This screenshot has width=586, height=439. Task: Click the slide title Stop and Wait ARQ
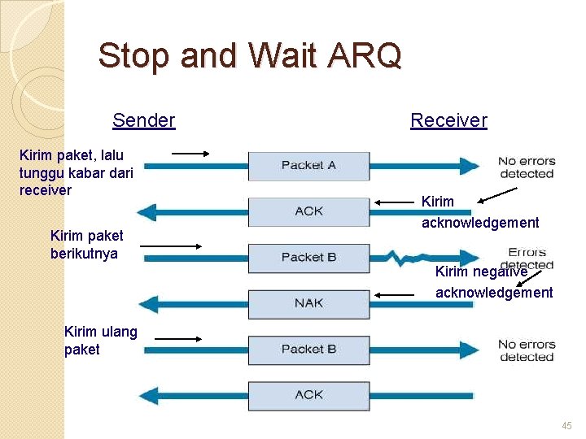(250, 56)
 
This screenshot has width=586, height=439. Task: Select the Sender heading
(144, 121)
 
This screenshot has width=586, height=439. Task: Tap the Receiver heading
(448, 121)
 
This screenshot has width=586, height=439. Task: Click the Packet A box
(308, 165)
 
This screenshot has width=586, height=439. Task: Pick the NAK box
(308, 303)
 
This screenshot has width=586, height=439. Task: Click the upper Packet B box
(308, 258)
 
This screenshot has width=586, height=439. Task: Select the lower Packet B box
(308, 350)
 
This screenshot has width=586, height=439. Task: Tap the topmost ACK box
(308, 211)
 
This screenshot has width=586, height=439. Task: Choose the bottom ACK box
(308, 395)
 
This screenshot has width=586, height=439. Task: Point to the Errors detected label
(527, 258)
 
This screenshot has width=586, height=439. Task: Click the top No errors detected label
(526, 167)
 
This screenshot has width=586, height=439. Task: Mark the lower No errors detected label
(526, 350)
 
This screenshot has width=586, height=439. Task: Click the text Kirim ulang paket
(100, 341)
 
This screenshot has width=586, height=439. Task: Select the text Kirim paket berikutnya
(86, 245)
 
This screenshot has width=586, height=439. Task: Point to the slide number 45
(566, 425)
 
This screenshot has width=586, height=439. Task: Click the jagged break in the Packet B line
(405, 259)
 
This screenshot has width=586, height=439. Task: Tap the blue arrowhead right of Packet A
(470, 166)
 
